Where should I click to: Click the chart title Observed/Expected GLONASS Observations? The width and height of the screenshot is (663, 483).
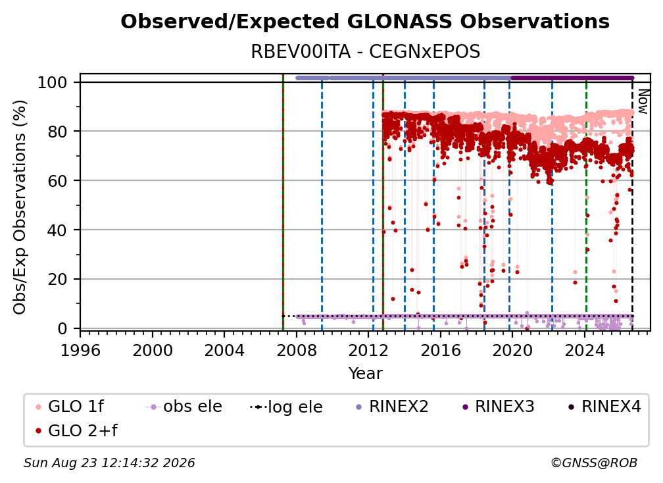coord(365,22)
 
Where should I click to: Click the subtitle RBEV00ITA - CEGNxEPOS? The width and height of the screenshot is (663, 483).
coord(365,51)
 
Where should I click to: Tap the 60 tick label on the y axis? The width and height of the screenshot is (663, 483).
coord(57,181)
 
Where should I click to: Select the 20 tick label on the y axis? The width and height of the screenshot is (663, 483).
coord(57,280)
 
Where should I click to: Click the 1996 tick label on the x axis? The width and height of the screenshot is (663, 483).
coord(80,351)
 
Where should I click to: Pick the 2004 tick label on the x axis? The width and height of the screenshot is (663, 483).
coord(224,351)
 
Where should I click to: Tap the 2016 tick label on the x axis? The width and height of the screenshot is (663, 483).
coord(440,351)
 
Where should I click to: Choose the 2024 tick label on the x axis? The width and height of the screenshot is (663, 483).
coord(584,351)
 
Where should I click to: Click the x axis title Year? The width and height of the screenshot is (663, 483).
coord(365,374)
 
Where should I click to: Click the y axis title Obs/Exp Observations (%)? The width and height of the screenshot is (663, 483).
coord(20,207)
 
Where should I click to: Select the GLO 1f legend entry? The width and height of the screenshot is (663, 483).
coord(70,407)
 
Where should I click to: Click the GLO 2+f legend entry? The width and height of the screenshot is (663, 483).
coord(76,430)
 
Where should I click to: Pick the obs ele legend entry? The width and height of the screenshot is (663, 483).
coord(184,407)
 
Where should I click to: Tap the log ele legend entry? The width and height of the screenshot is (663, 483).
coord(286,407)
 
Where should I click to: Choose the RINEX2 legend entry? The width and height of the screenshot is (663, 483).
coord(392,407)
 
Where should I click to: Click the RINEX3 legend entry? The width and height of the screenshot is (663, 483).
coord(498,407)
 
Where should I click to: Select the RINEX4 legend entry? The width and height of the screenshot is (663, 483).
coord(604,407)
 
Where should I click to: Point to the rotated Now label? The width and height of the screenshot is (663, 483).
coord(643,101)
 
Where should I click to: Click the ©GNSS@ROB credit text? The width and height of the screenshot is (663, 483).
coord(594,463)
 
